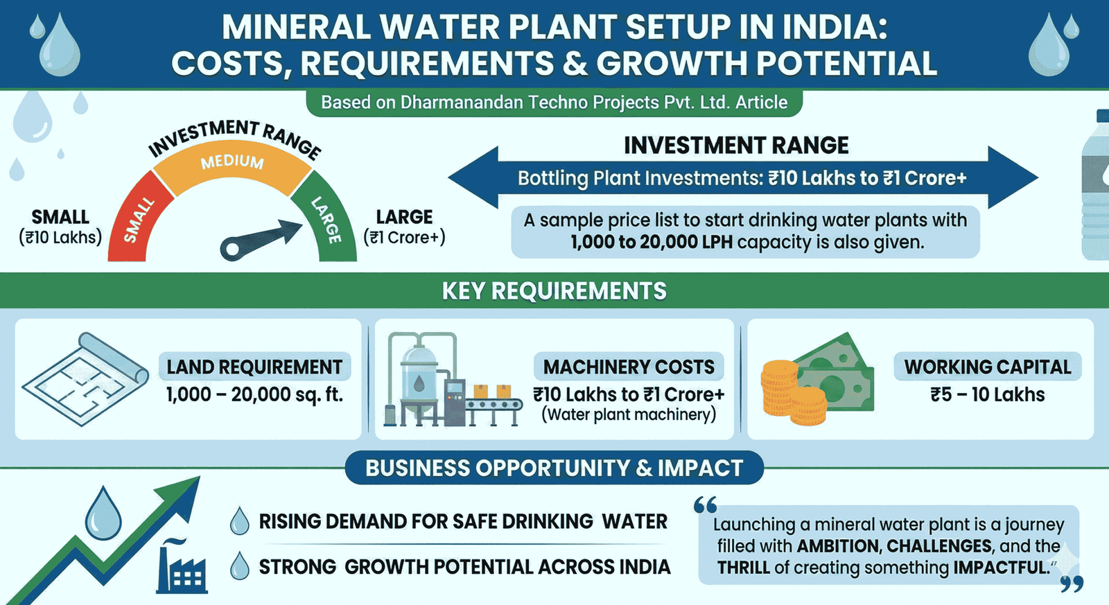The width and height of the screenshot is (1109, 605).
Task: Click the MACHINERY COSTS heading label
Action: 628,367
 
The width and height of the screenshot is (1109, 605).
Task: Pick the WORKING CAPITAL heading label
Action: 987,367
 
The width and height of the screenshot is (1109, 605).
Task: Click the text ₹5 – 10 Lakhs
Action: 987,395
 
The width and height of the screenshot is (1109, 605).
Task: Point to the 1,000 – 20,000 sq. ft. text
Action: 254,395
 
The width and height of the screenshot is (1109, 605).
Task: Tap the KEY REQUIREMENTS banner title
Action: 554,291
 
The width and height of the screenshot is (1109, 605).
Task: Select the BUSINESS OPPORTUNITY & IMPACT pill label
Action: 554,468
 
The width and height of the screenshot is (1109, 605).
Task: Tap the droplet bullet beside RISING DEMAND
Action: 239,521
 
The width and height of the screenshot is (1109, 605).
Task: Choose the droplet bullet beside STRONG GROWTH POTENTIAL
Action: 239,566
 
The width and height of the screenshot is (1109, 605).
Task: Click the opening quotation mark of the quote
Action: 705,506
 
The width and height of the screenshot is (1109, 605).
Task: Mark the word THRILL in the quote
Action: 743,568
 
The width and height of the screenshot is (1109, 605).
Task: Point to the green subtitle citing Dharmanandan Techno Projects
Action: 554,103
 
